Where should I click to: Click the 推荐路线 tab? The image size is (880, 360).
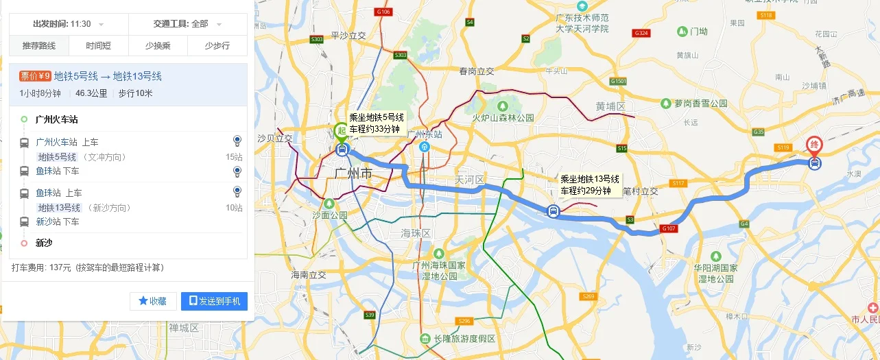coord(38,46)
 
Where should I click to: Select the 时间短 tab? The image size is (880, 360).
coord(98,46)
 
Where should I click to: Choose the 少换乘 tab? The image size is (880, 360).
coord(158,46)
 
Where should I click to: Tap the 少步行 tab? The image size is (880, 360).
coord(217,46)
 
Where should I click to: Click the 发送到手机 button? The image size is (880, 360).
coord(214,301)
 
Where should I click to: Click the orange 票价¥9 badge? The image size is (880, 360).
coord(35,76)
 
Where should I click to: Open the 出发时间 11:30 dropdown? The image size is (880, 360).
coord(68,24)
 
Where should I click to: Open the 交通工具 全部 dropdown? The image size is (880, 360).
coord(187,24)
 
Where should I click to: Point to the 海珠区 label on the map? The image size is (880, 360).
coord(416,234)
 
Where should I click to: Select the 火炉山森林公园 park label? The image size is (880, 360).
coord(502,118)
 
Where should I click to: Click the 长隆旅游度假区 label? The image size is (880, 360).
coord(464,339)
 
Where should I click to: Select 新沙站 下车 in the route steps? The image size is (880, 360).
coord(58,221)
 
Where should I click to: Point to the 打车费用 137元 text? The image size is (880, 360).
coord(88,267)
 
